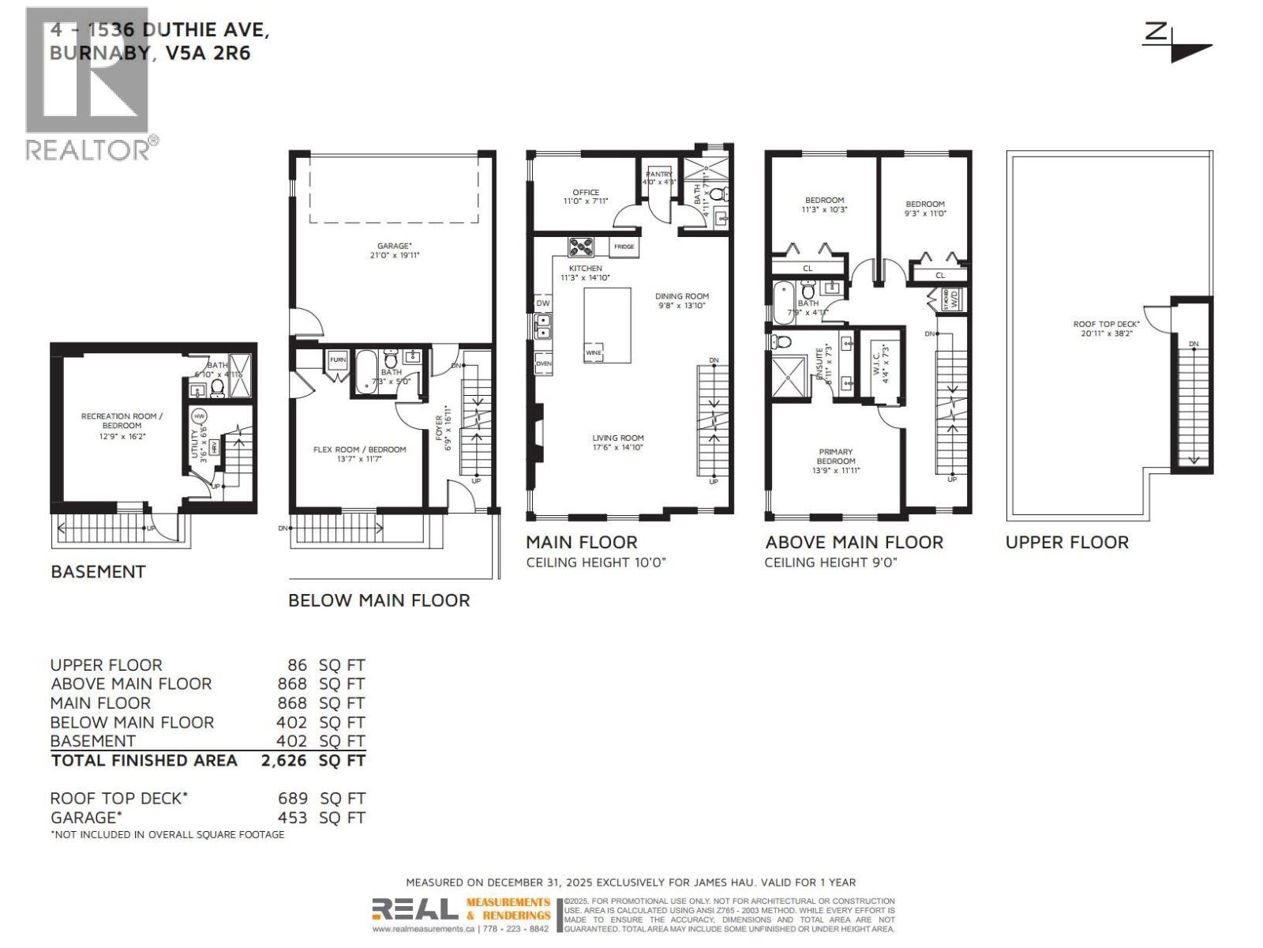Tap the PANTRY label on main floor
[658, 174]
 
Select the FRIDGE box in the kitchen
[624, 247]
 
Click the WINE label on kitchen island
[594, 353]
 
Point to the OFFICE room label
[586, 192]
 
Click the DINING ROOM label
[682, 296]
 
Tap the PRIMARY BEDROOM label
[835, 457]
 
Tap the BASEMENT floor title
[98, 571]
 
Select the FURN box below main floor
[338, 359]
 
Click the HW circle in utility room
[200, 416]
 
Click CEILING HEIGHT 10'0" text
[596, 562]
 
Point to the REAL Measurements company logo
[462, 909]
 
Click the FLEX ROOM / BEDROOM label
[359, 450]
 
